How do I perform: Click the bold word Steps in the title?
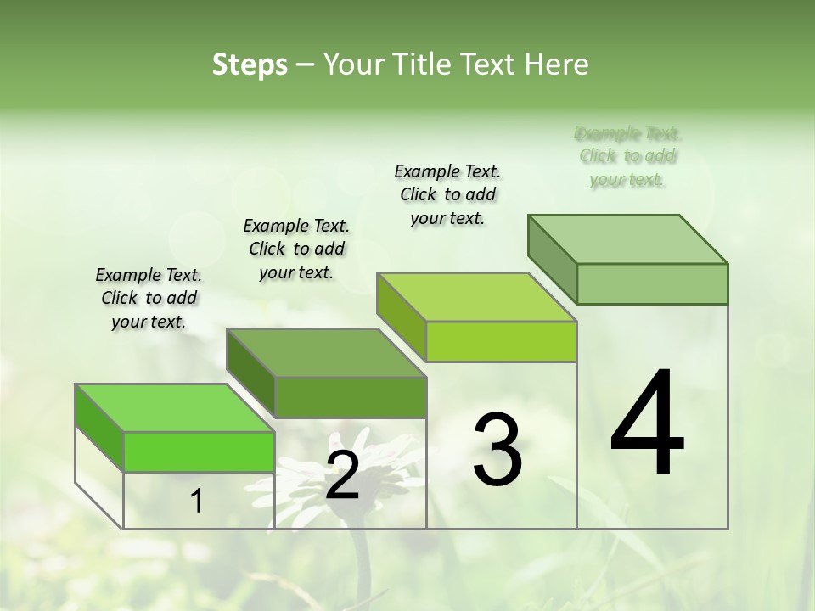pyautogui.click(x=250, y=64)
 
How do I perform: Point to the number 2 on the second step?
pyautogui.click(x=342, y=475)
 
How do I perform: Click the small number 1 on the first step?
pyautogui.click(x=197, y=502)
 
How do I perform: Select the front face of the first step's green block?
pyautogui.click(x=200, y=451)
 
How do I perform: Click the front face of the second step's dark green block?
pyautogui.click(x=351, y=397)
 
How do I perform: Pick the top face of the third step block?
pyautogui.click(x=476, y=296)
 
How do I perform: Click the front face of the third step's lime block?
pyautogui.click(x=501, y=341)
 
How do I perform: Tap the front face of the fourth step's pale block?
pyautogui.click(x=652, y=283)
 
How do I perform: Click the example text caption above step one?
pyautogui.click(x=149, y=298)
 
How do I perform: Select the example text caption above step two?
pyautogui.click(x=296, y=249)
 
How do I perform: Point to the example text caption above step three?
pyautogui.click(x=447, y=194)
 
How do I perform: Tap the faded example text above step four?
pyautogui.click(x=627, y=156)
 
